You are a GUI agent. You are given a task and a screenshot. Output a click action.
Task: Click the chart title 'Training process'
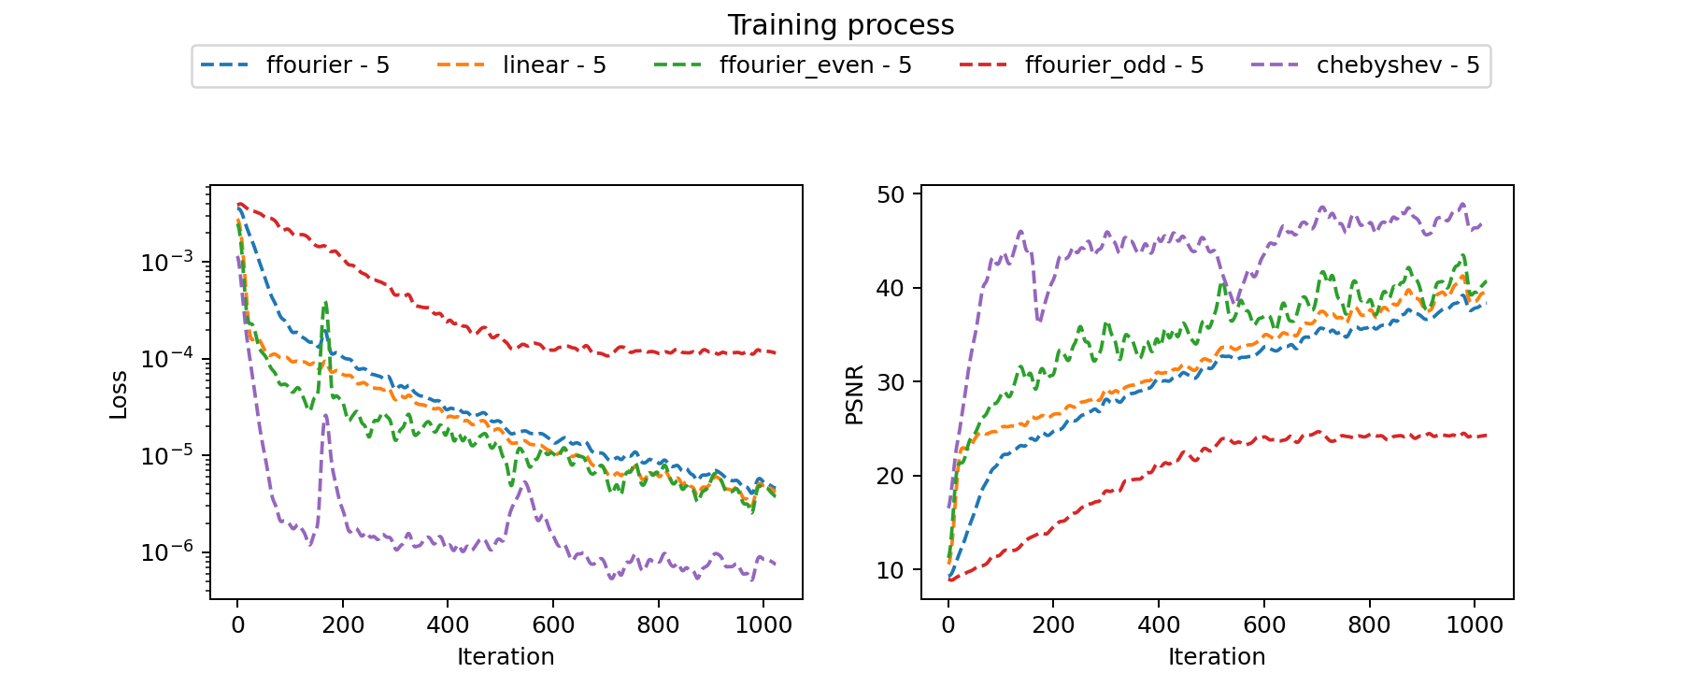click(x=840, y=25)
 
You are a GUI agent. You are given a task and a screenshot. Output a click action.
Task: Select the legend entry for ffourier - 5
click(x=327, y=65)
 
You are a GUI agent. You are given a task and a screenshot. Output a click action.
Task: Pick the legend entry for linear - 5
click(x=554, y=65)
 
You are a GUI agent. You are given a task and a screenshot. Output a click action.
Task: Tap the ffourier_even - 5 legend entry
click(x=815, y=65)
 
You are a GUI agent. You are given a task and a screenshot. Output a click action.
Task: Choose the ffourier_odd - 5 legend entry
click(x=1114, y=65)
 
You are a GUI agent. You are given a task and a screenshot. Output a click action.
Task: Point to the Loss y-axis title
click(x=119, y=394)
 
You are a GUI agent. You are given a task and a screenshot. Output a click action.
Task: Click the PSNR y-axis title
click(x=854, y=394)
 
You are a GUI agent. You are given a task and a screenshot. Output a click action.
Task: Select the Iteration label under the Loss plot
click(x=506, y=656)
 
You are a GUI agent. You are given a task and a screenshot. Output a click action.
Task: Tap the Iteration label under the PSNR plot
click(x=1217, y=656)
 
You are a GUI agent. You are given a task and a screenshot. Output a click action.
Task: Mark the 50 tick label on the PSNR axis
click(x=891, y=194)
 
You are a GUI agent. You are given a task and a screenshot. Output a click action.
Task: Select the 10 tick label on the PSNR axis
click(x=891, y=570)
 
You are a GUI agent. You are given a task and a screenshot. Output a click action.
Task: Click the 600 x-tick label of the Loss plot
click(x=553, y=624)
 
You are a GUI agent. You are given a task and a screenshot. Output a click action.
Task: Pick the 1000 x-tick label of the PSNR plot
click(x=1475, y=624)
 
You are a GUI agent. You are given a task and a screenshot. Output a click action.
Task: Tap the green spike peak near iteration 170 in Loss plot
click(x=326, y=302)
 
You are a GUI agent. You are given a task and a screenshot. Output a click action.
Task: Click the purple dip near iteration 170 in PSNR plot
click(x=1039, y=322)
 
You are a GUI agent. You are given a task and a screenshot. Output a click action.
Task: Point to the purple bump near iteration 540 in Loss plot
click(x=522, y=482)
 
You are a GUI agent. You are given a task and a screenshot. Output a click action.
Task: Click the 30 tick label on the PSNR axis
click(x=891, y=382)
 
